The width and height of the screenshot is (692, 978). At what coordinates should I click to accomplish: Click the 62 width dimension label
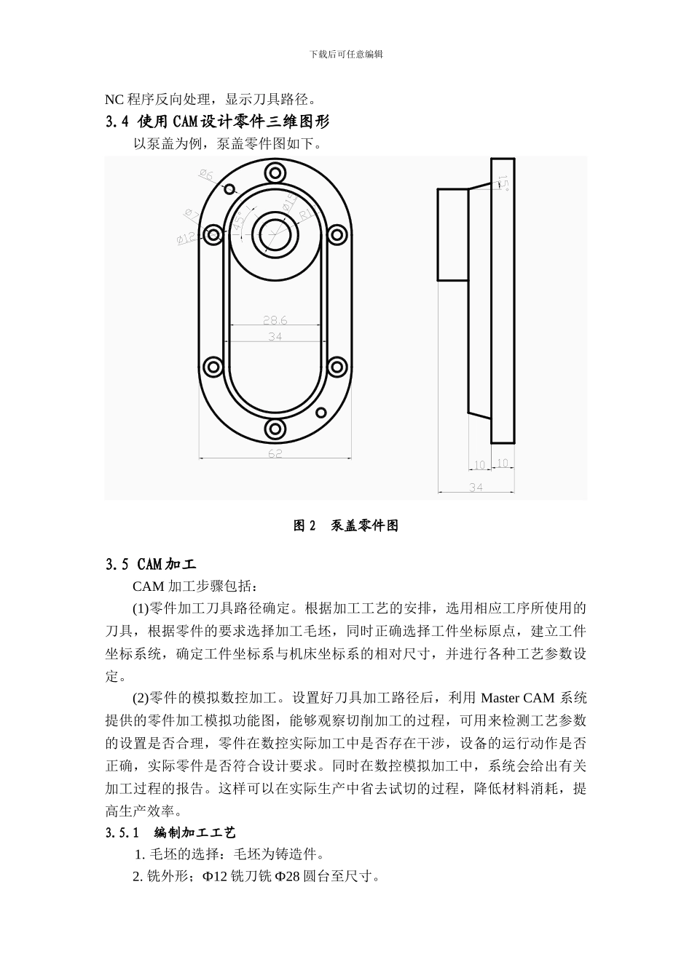click(x=275, y=453)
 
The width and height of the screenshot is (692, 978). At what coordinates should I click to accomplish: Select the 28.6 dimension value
click(x=275, y=319)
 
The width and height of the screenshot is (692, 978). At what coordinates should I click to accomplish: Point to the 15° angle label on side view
click(x=503, y=181)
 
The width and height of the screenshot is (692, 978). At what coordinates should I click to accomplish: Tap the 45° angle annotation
click(x=240, y=223)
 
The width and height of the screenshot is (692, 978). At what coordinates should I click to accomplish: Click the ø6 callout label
click(x=206, y=175)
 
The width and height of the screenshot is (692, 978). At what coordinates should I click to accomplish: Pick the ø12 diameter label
click(x=186, y=237)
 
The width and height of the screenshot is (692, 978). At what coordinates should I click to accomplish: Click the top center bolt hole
click(x=275, y=172)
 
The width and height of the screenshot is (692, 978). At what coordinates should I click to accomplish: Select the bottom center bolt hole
click(x=275, y=428)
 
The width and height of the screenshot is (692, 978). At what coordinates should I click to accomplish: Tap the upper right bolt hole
click(x=337, y=235)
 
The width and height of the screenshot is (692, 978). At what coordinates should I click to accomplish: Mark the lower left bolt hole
click(x=213, y=366)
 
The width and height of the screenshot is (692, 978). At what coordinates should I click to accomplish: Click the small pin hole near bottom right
click(x=320, y=413)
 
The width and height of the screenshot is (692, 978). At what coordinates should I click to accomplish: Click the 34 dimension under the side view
click(x=476, y=488)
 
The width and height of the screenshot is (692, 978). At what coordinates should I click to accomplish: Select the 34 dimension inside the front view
click(x=275, y=336)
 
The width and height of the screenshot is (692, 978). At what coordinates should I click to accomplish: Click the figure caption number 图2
click(x=304, y=526)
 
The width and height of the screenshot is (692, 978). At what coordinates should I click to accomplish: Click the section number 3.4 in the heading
click(x=117, y=122)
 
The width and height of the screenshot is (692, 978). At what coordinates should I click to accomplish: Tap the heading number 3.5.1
click(x=122, y=832)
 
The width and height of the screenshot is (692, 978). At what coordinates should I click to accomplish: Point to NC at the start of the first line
click(x=114, y=100)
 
